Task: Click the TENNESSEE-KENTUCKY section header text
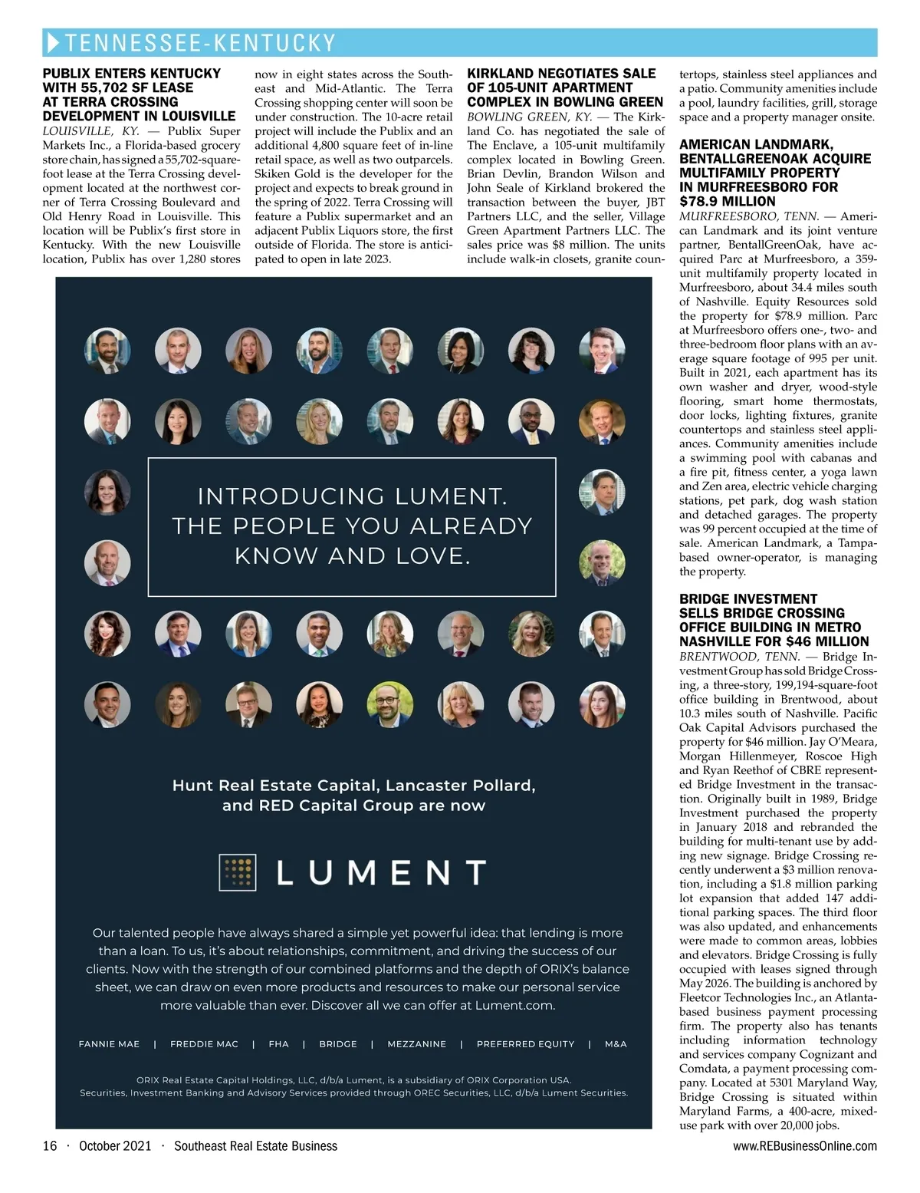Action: click(x=200, y=43)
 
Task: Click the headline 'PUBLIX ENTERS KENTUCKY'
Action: click(x=131, y=74)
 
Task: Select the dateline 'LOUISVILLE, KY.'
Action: click(x=90, y=131)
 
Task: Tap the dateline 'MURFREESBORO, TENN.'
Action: click(x=748, y=216)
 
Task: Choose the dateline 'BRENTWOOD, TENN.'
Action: click(x=739, y=657)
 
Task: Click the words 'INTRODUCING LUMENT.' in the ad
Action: click(x=352, y=496)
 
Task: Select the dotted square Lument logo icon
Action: click(x=237, y=872)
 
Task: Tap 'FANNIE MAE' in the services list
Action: click(x=109, y=1044)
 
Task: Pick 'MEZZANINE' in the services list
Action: click(x=416, y=1044)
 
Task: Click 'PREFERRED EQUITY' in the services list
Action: click(x=525, y=1044)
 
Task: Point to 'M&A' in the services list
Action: click(x=616, y=1044)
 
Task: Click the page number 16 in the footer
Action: click(x=50, y=1146)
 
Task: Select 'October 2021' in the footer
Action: click(x=115, y=1146)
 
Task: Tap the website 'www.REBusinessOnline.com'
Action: click(x=804, y=1146)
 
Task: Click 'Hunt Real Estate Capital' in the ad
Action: click(x=274, y=786)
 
